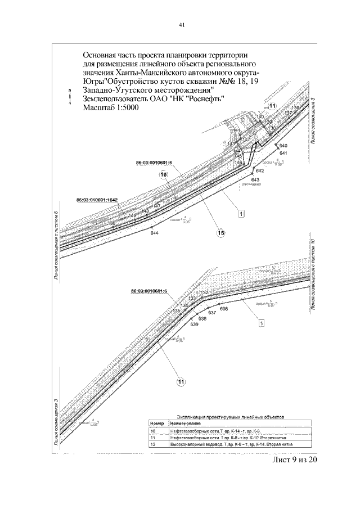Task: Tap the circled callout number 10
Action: tap(164, 175)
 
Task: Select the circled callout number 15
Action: tap(221, 232)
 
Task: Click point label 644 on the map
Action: tap(155, 233)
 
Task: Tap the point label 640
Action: tap(283, 146)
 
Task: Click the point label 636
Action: tap(223, 309)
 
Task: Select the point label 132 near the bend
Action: tap(205, 293)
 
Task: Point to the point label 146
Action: tap(238, 162)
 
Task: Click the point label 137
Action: tap(288, 113)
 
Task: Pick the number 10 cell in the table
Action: tap(152, 430)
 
